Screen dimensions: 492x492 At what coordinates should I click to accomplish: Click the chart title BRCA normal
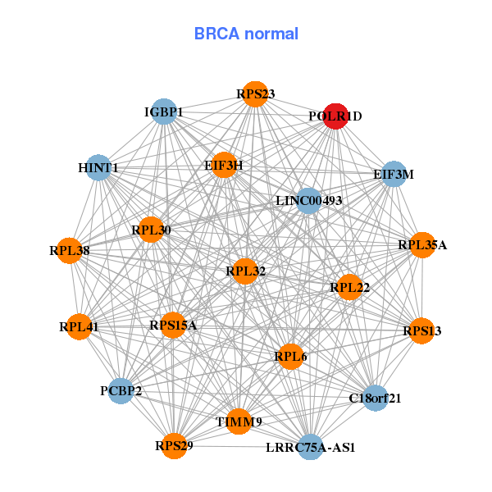coord(246,34)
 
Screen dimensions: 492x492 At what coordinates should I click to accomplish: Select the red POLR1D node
coord(335,116)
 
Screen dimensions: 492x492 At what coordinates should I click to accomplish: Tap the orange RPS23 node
coord(255,94)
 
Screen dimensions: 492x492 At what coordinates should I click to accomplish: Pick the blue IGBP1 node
coord(165,112)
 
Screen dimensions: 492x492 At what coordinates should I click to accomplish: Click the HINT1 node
coord(98,168)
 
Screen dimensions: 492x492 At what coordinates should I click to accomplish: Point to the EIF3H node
coord(224,165)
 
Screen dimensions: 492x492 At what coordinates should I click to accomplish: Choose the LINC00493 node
coord(308,200)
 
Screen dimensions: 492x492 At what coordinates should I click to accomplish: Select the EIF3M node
coord(394,174)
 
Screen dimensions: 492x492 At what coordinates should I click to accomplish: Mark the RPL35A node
coord(422,244)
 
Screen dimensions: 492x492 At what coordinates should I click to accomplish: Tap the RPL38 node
coord(70,250)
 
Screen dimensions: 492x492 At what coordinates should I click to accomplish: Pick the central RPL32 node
coord(245,270)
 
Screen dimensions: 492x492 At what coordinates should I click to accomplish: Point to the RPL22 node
coord(349,287)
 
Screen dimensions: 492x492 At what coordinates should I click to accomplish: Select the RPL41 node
coord(79,327)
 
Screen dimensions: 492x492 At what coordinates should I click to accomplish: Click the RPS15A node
coord(173,326)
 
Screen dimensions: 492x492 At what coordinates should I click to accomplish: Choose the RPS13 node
coord(421,330)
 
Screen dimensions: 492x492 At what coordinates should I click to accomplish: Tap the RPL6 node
coord(291,356)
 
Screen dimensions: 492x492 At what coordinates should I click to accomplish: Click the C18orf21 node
coord(375,399)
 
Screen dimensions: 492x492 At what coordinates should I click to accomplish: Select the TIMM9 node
coord(239,421)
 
